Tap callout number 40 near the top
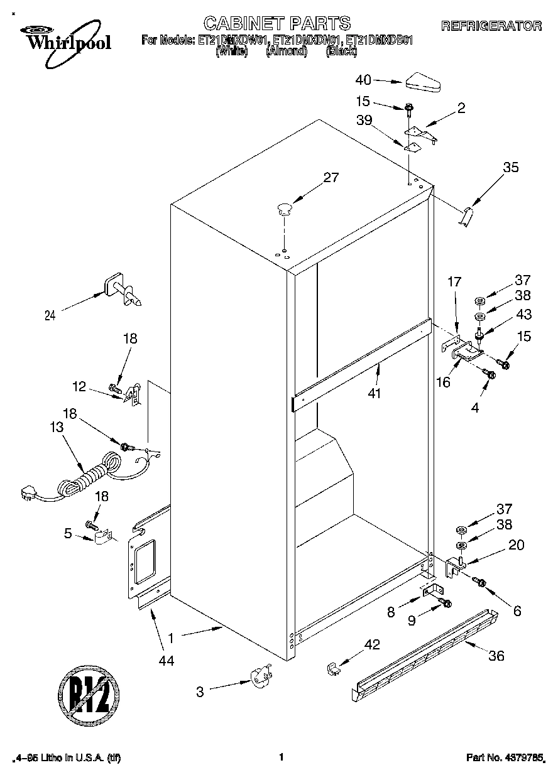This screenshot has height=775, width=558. click(x=363, y=80)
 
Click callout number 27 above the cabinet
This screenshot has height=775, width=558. click(x=331, y=178)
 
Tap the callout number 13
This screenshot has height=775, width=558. click(x=57, y=428)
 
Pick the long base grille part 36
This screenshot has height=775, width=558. click(x=424, y=654)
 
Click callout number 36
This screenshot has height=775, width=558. click(x=496, y=656)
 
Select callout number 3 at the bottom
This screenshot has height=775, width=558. click(x=200, y=692)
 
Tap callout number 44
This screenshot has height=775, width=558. click(x=167, y=660)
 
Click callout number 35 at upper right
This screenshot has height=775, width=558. click(x=511, y=167)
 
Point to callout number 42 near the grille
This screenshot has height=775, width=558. click(x=372, y=644)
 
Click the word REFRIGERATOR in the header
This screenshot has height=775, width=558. click(x=491, y=26)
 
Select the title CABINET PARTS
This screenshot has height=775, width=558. click(x=277, y=23)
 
